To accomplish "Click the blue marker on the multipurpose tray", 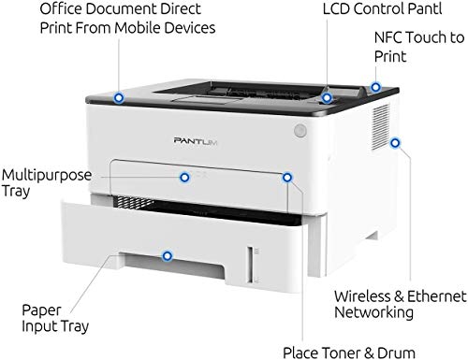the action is [x=184, y=176].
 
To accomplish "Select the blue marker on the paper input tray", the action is [x=168, y=253].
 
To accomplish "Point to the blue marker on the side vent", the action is [x=395, y=143].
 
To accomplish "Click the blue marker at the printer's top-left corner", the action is [x=118, y=96].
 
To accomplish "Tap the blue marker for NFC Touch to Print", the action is [x=376, y=88].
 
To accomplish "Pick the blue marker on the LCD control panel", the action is [x=327, y=96].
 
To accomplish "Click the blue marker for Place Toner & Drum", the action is [x=286, y=176].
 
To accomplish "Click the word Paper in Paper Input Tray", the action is [x=40, y=308].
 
